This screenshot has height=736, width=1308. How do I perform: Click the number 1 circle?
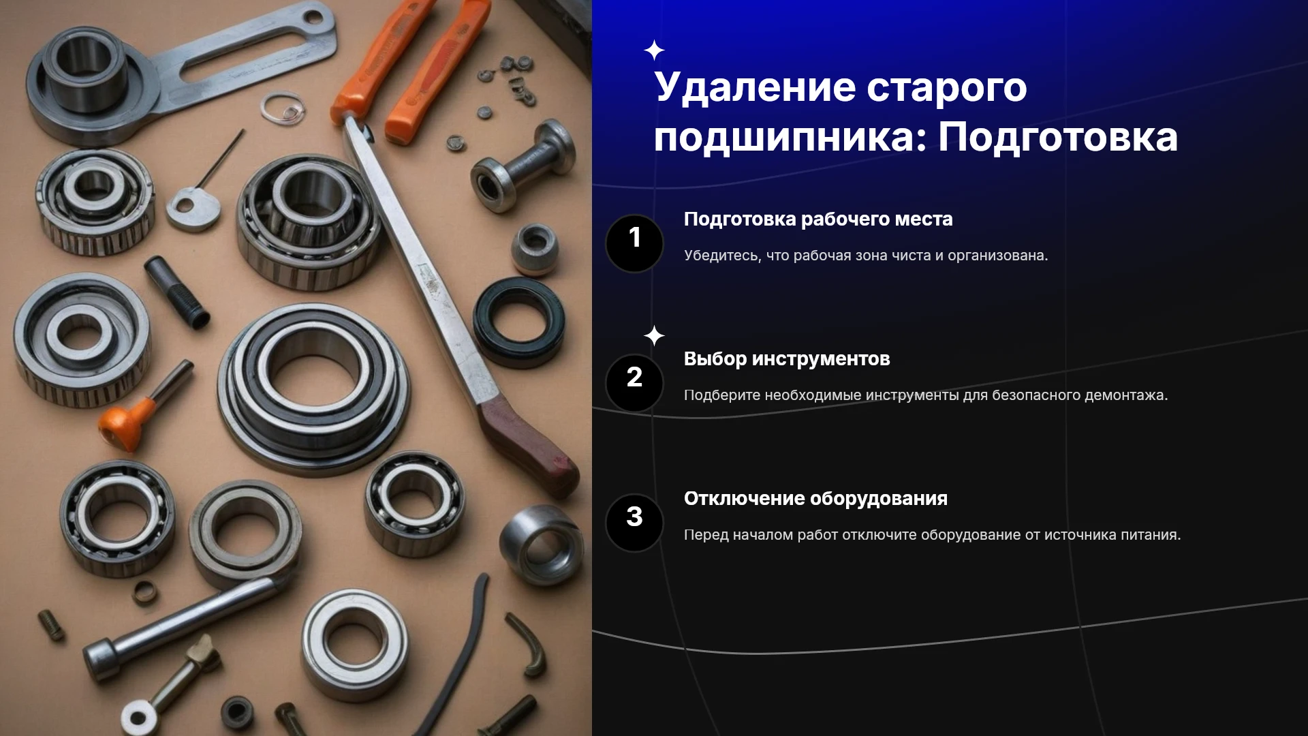(634, 243)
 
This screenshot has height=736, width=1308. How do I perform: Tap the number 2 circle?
(634, 383)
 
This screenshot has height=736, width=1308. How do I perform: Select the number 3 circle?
(634, 523)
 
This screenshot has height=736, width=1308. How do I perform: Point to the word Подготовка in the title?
(1058, 136)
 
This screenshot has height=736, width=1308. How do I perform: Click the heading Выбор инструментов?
(787, 358)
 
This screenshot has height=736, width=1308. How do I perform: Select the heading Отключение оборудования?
(815, 498)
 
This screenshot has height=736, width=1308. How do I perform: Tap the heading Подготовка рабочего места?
(818, 219)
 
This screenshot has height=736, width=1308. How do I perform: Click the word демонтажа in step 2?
(1125, 395)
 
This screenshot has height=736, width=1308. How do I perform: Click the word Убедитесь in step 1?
(723, 256)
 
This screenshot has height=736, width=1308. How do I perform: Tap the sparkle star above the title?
(654, 50)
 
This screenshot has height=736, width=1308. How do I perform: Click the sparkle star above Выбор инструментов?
(654, 336)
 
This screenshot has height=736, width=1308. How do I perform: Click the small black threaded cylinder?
(176, 292)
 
